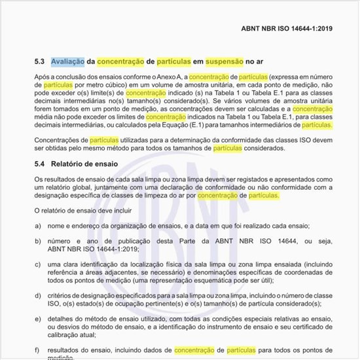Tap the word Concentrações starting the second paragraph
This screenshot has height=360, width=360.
point(61,140)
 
